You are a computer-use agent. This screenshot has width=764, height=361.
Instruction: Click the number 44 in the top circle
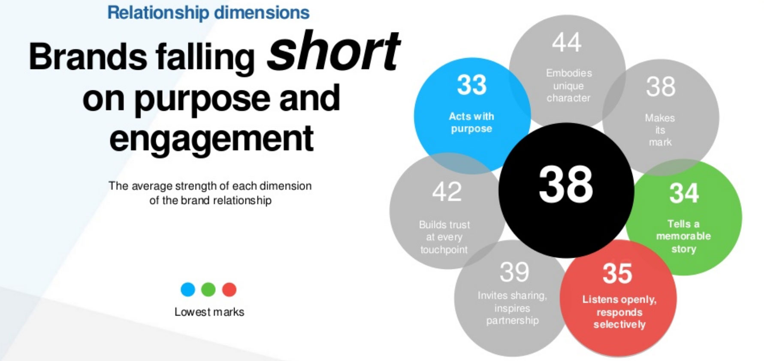567,42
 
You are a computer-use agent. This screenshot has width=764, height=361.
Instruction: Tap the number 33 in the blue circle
471,85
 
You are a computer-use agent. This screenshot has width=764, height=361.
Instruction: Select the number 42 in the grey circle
447,192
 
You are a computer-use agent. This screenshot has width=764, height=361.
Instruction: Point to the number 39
514,272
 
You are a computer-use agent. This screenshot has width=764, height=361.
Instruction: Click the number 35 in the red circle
617,274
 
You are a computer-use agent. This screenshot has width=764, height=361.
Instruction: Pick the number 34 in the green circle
684,193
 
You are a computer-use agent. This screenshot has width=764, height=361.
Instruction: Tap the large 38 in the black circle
566,185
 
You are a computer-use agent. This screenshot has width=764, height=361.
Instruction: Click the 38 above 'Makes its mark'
661,87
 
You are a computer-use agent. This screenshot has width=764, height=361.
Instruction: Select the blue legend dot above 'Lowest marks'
188,289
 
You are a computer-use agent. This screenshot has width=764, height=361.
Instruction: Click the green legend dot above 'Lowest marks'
208,289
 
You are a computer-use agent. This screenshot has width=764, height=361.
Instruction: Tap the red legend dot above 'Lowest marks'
230,289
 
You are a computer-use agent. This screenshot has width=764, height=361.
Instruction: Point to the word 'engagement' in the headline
211,138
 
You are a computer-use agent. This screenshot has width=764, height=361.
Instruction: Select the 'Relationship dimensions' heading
208,12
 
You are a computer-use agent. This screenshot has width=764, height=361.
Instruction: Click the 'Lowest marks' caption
209,312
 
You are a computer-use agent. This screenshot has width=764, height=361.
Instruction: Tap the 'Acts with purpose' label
471,122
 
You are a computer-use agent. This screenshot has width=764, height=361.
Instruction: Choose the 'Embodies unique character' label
569,86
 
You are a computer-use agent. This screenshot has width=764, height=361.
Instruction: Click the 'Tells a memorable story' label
683,236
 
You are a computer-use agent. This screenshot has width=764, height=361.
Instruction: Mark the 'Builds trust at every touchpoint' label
444,237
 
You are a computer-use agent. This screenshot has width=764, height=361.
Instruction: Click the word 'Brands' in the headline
88,57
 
